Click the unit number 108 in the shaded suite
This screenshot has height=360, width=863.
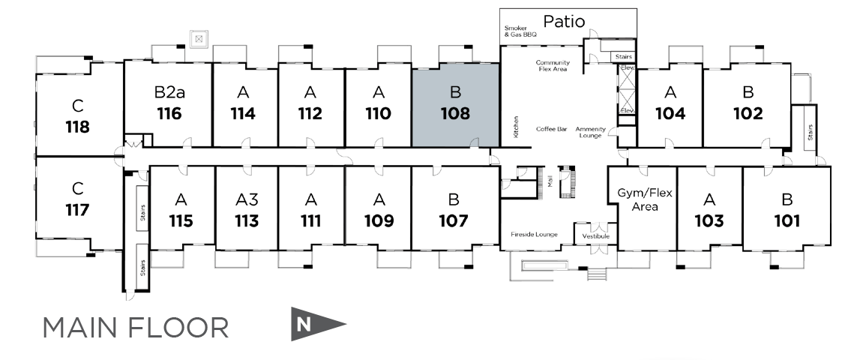pos(455,114)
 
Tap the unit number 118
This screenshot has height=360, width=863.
pos(77,126)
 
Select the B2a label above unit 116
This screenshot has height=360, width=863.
pos(169,93)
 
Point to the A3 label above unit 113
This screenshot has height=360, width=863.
pos(247,199)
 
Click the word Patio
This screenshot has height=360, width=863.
pos(564,21)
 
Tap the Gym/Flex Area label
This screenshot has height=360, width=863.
pos(645,199)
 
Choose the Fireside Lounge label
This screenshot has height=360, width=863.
pos(534,235)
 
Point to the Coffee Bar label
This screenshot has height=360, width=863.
pos(551,129)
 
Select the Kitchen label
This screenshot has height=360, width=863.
pos(517,126)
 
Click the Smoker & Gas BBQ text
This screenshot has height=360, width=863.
pos(521,31)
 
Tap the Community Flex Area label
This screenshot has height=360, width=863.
pos(553,66)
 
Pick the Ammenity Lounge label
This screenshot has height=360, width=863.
pos(590,132)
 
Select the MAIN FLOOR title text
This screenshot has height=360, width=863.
pos(136,327)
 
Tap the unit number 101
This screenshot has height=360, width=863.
pos(787,221)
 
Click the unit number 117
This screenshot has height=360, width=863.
pos(77,209)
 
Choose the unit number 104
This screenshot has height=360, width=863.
pos(670,114)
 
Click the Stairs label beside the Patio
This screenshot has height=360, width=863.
pos(624,56)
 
